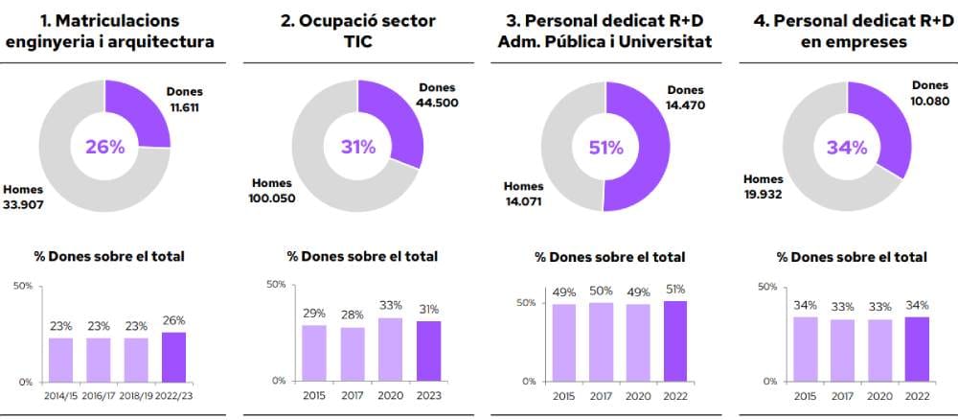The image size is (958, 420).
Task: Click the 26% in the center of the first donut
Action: pyautogui.click(x=104, y=147)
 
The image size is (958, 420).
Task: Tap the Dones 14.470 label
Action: pyautogui.click(x=685, y=98)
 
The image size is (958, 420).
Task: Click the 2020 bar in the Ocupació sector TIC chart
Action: pyautogui.click(x=390, y=348)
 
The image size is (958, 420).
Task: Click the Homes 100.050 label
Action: pyautogui.click(x=273, y=191)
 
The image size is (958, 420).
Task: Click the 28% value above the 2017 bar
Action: pyautogui.click(x=353, y=315)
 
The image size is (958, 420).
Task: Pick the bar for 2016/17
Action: pyautogui.click(x=98, y=359)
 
